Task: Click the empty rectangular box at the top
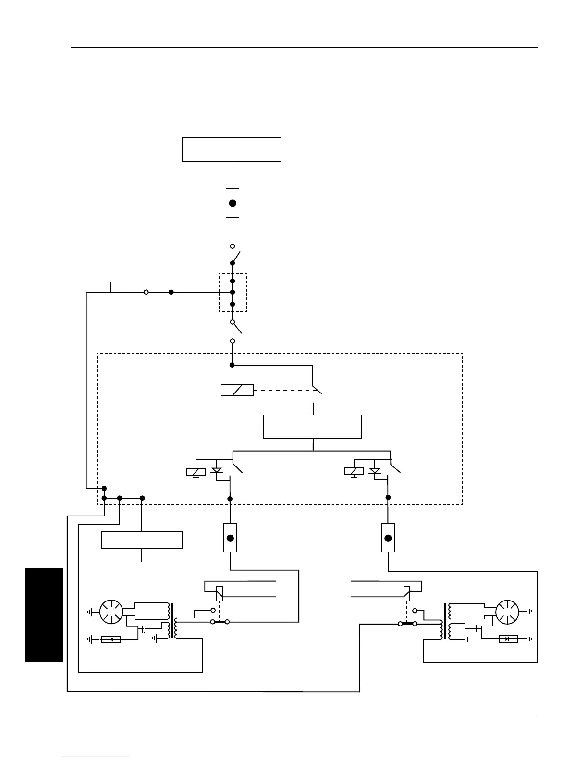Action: [x=231, y=149]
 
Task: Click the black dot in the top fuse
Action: [x=233, y=203]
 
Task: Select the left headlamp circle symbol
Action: [x=111, y=612]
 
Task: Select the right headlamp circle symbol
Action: [x=507, y=612]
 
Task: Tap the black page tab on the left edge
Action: [x=44, y=614]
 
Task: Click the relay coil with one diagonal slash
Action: [x=237, y=390]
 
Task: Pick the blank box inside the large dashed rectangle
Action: [x=312, y=426]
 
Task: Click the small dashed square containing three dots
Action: [x=233, y=293]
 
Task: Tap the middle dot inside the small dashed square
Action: [x=233, y=292]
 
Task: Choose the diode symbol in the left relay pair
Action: [x=217, y=471]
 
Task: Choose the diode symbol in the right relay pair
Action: [x=375, y=471]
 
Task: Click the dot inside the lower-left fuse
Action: [x=231, y=538]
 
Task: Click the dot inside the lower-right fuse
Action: [x=388, y=538]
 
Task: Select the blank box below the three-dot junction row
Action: [x=142, y=540]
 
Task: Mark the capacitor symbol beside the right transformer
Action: [x=477, y=628]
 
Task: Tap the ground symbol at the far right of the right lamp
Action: [x=529, y=612]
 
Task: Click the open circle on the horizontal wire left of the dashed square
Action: [x=146, y=292]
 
